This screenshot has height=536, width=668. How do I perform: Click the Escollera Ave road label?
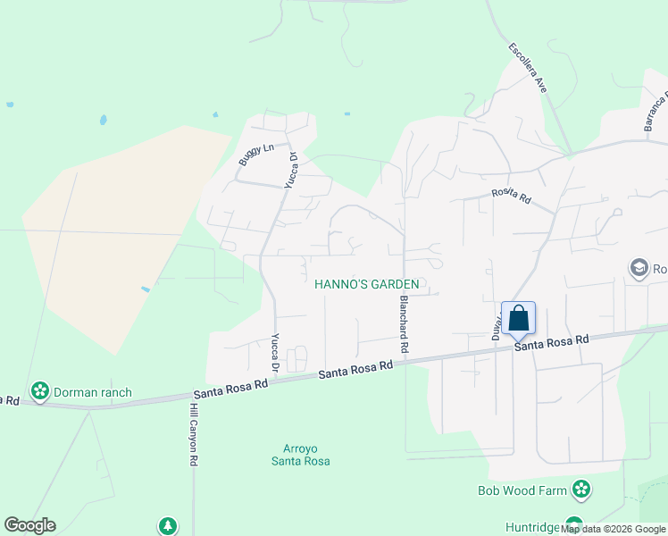click(528, 69)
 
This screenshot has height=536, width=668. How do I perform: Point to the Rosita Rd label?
click(511, 195)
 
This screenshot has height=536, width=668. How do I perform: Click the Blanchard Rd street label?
click(404, 322)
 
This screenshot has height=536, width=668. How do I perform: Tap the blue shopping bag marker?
click(518, 318)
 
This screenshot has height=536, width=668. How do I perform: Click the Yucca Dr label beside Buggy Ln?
click(290, 170)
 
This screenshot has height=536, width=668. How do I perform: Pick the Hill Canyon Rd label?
click(193, 434)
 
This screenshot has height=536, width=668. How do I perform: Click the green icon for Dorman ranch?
click(39, 391)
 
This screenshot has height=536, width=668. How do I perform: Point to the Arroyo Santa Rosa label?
click(301, 455)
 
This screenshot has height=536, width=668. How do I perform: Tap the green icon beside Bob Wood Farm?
click(581, 490)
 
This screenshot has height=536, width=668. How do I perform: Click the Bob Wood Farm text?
click(522, 490)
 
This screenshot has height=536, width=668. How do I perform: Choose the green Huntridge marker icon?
click(574, 526)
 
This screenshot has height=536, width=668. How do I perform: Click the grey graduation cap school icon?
click(639, 268)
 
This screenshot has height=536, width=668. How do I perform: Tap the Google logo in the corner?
click(29, 525)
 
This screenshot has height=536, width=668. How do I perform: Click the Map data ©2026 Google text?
click(614, 529)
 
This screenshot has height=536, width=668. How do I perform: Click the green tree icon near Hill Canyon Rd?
click(166, 526)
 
